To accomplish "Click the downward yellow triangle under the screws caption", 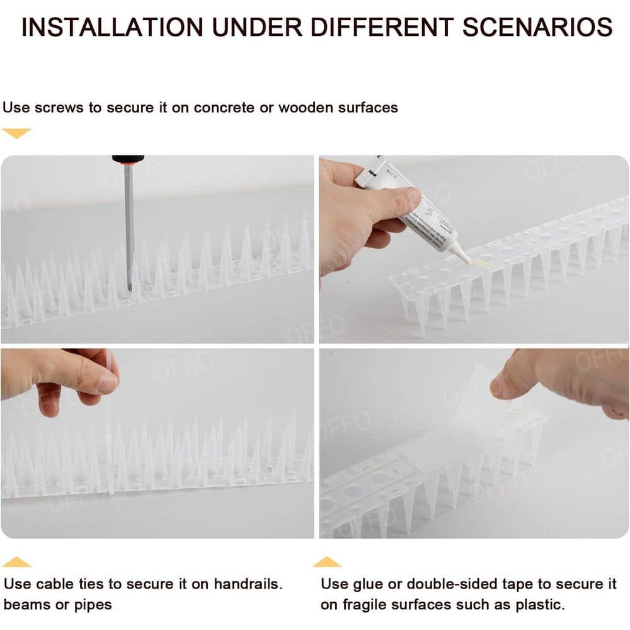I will (x=16, y=133).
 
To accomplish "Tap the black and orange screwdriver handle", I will (x=128, y=159).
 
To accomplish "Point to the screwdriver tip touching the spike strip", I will (x=130, y=287).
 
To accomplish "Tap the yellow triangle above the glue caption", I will (x=327, y=561).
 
